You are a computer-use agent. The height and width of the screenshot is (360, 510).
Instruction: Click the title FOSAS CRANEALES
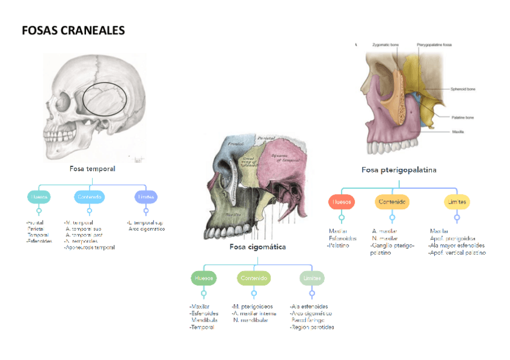coord(73,31)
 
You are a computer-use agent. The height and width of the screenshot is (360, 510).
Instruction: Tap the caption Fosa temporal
coord(92,169)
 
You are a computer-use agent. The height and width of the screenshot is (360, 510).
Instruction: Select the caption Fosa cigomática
coord(257,246)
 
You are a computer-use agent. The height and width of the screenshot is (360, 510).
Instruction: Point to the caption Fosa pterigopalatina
coord(399,170)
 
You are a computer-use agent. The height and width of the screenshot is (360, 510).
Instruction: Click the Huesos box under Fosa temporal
coord(39,197)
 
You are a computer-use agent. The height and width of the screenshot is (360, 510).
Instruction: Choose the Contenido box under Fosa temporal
coord(89,197)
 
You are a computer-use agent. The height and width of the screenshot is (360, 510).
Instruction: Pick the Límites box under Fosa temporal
coord(146,197)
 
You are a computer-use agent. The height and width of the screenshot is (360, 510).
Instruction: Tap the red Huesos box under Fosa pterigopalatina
coord(342,202)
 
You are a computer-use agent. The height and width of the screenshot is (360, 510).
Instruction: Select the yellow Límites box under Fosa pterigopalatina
coord(456,202)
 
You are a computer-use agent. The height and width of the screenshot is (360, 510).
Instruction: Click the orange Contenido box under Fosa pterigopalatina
coord(392,202)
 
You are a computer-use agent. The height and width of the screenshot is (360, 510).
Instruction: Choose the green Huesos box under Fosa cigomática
coord(204,278)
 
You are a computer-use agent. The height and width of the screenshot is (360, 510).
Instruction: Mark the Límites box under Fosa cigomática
coord(312,278)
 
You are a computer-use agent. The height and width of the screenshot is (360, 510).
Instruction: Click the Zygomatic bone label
coord(386,45)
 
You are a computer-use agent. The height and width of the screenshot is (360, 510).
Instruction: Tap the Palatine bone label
coord(462,117)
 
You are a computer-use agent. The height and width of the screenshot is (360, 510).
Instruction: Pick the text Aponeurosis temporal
coord(90,247)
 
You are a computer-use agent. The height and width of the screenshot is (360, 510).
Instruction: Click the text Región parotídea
coord(312,328)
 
